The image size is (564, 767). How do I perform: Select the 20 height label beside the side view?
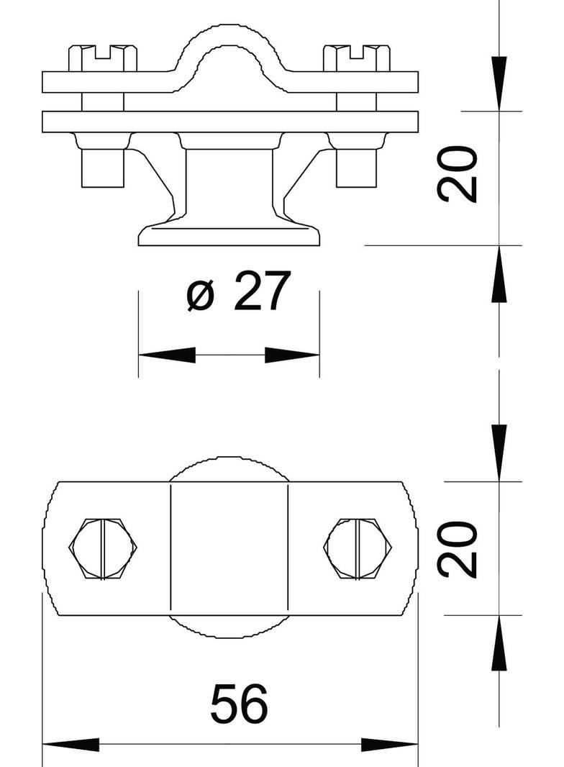click(458, 174)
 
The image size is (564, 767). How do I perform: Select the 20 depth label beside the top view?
click(458, 549)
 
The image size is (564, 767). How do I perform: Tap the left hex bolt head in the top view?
click(103, 548)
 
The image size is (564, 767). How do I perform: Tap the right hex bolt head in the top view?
click(358, 548)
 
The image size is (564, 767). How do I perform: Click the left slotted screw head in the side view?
click(103, 58)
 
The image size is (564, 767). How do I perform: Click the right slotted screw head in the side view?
click(357, 58)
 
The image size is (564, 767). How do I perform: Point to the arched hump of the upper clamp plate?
click(229, 43)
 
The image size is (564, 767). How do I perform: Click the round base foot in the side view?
click(229, 235)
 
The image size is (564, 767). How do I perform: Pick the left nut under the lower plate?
click(101, 165)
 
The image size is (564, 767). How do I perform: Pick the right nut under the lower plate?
click(357, 165)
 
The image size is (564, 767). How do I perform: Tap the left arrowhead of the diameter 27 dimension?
click(165, 355)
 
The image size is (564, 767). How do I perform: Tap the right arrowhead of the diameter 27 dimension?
click(292, 355)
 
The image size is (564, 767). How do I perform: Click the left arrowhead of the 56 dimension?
click(70, 745)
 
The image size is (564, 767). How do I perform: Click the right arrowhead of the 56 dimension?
click(390, 745)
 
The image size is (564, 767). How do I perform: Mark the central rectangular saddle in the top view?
click(229, 548)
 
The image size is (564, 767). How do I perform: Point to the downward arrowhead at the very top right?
click(499, 83)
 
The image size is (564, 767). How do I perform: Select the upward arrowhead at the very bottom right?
click(499, 645)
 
